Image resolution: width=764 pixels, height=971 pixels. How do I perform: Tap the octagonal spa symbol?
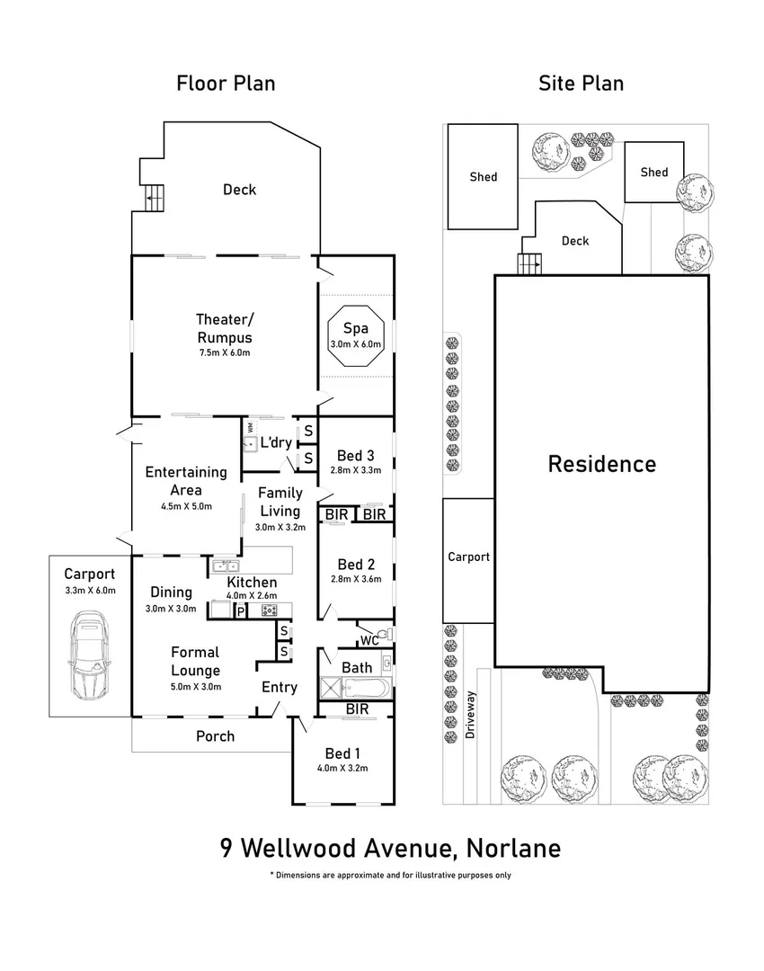(355, 338)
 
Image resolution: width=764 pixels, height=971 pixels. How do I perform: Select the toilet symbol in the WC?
(385, 635)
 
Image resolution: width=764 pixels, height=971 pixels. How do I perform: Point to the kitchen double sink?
(225, 566)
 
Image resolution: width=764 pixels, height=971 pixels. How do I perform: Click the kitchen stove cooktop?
(268, 610)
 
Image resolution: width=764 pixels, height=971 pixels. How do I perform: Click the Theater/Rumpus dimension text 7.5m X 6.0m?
(224, 352)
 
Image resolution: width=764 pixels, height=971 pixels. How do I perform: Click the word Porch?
(215, 735)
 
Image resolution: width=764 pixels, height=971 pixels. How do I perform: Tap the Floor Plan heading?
(226, 84)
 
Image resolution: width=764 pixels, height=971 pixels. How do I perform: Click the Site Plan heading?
(581, 84)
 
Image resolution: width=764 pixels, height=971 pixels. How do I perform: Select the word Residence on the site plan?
(602, 464)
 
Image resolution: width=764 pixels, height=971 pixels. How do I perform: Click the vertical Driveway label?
(470, 714)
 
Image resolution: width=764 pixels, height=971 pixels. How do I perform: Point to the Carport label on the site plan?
(468, 557)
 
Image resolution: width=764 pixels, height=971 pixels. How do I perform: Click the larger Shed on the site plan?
(483, 176)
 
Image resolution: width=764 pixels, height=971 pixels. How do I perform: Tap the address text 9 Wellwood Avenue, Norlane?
(390, 848)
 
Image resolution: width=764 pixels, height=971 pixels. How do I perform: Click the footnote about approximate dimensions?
(390, 875)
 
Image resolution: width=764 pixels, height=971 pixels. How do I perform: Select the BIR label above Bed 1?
(356, 709)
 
